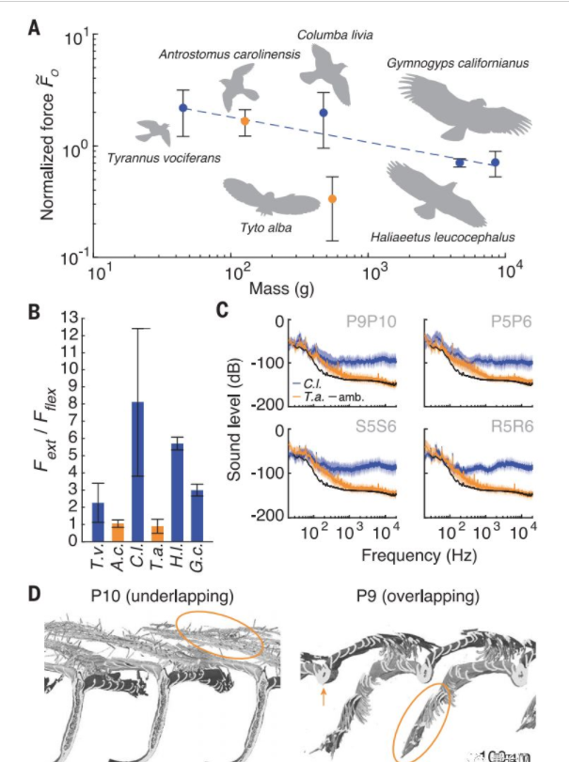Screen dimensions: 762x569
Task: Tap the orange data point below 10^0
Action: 332,199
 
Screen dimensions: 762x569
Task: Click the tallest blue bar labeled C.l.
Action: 137,470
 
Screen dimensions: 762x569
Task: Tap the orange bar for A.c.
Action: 118,532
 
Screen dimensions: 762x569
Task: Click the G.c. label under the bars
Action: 198,562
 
